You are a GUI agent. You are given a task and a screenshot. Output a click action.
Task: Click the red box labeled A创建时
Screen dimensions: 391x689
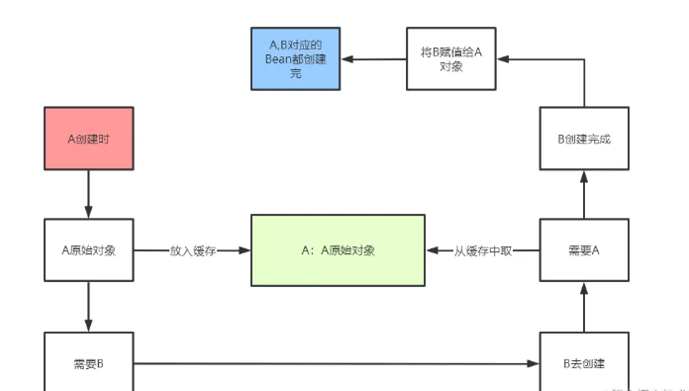pos(89,139)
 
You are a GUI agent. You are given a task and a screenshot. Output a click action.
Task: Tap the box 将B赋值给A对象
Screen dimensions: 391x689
pos(450,59)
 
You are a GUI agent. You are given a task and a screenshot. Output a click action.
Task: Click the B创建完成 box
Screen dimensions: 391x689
pos(584,139)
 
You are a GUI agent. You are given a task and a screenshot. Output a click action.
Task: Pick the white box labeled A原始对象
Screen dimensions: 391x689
pos(89,250)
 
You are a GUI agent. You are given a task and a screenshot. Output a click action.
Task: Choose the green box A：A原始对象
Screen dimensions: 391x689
pos(338,250)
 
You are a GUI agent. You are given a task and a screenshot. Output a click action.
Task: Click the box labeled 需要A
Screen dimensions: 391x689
pos(584,250)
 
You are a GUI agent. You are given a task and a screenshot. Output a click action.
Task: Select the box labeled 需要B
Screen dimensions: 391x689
pos(89,363)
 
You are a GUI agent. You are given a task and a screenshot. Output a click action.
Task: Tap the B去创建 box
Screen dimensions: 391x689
pos(584,363)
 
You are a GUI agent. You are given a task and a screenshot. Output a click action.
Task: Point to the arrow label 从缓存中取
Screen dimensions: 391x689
pos(483,250)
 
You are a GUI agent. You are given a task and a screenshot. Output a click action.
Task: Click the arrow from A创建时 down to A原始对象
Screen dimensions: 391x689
pos(89,194)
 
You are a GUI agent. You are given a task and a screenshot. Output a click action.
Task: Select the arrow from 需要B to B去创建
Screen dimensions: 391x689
pos(337,363)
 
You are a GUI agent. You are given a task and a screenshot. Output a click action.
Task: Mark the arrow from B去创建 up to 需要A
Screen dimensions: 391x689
pos(584,307)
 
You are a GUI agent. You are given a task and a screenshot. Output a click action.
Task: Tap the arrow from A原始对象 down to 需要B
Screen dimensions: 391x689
pos(89,307)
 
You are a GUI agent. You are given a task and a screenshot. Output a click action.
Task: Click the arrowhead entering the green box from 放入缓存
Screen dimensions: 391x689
pos(245,250)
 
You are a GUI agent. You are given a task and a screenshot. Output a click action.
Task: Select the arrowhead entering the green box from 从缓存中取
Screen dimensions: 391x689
pos(432,250)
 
